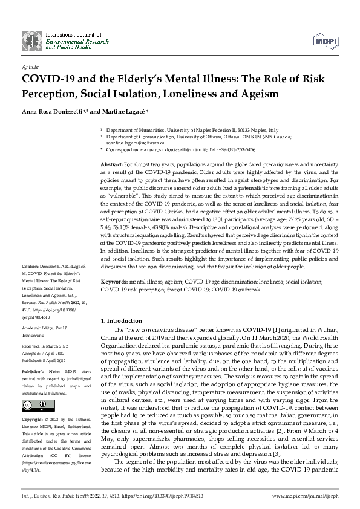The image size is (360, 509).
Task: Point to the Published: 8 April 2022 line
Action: click(x=46, y=358)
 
